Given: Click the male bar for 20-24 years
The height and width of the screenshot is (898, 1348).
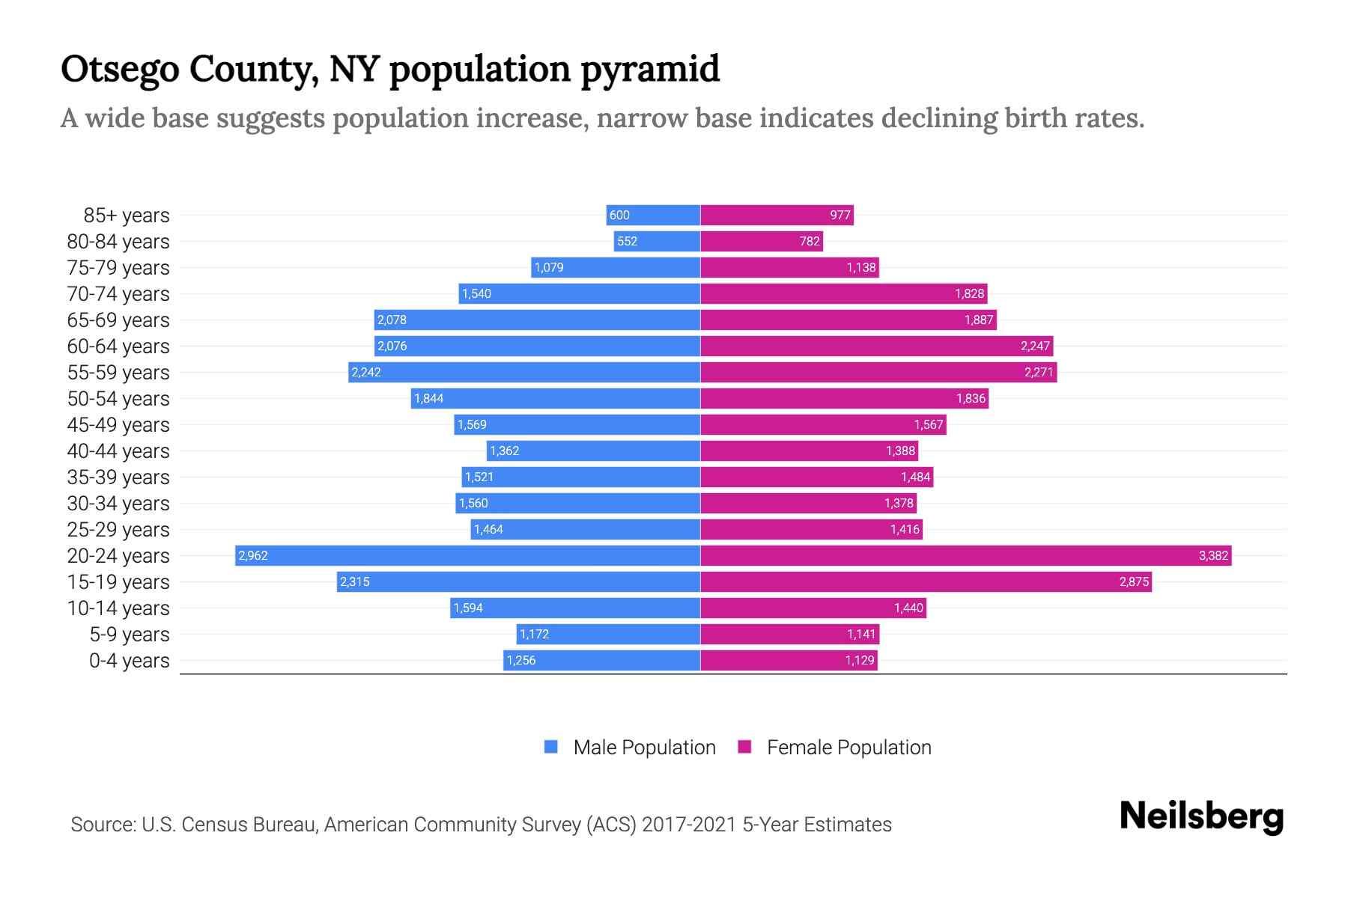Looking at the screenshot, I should [468, 555].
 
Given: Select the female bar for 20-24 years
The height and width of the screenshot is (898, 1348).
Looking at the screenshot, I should [966, 555].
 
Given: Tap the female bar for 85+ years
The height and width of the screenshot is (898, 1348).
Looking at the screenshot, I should [777, 215].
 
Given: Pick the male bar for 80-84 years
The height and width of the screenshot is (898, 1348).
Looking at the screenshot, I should [657, 241].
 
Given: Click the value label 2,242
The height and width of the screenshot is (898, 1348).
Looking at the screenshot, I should [366, 373].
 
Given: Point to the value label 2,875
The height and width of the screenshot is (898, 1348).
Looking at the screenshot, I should [1134, 582].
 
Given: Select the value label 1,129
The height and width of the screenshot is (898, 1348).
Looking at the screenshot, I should [860, 661].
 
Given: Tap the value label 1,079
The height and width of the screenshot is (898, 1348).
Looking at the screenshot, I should [549, 268].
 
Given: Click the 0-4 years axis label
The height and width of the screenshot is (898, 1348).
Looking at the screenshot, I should [129, 661].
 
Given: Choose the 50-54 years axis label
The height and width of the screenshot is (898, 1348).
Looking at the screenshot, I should [118, 399].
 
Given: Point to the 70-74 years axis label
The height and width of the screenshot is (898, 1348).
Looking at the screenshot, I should [118, 294].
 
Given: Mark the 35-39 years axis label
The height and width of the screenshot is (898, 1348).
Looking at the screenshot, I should [118, 477].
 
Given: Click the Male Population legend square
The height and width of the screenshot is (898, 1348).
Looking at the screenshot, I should [551, 747].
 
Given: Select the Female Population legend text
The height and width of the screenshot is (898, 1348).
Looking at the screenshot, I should [848, 748].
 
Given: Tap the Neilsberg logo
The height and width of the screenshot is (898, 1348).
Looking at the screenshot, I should [1201, 816].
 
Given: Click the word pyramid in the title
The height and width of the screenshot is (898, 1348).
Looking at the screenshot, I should [649, 70].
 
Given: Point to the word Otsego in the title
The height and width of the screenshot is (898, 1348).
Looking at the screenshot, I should [119, 70].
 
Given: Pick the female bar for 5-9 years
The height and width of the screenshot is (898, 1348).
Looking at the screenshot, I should [789, 635].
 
